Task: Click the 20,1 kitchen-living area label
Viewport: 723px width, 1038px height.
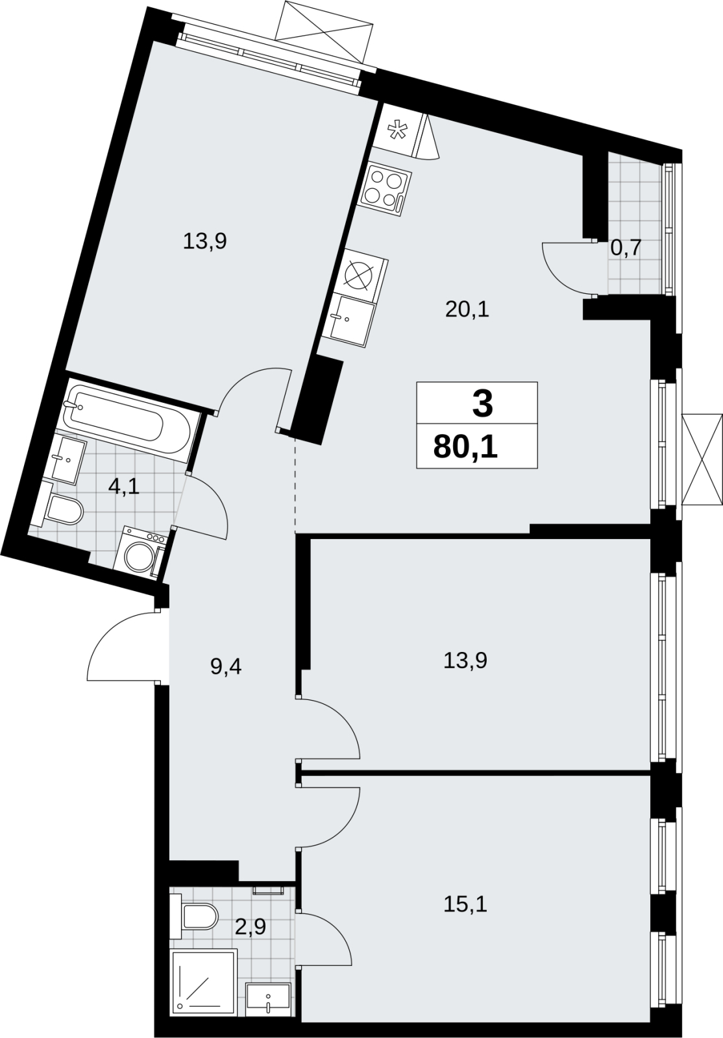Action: point(468,310)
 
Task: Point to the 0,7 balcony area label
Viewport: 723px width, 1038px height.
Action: point(625,249)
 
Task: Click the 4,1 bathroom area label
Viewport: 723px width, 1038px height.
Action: point(124,487)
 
